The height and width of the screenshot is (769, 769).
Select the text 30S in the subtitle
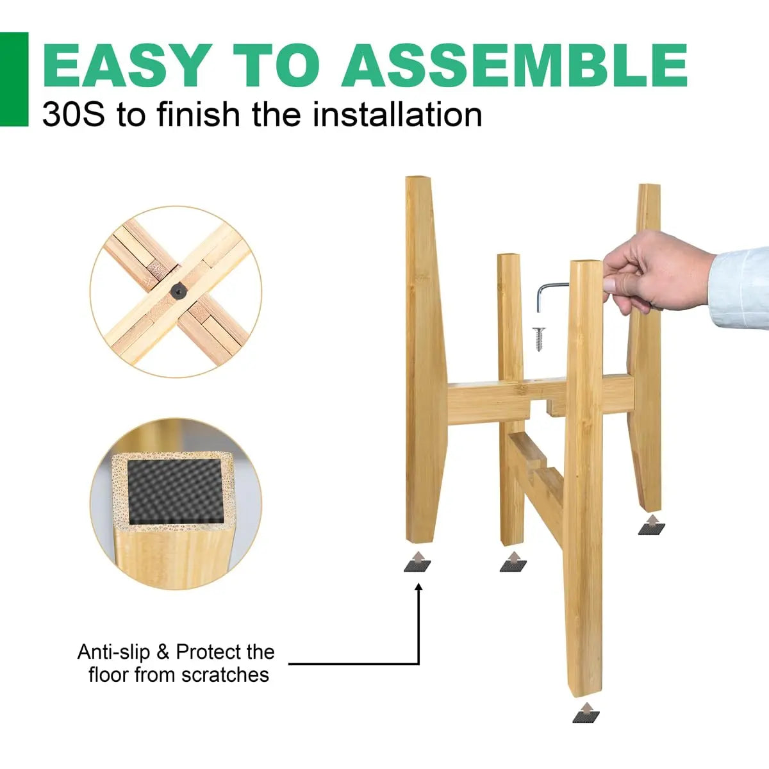pos(74,115)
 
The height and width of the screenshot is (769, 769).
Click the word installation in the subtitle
pos(397,115)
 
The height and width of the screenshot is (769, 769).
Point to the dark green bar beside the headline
pos(14,79)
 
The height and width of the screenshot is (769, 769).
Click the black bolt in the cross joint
pos(176,291)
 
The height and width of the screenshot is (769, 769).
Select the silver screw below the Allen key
pos(539,340)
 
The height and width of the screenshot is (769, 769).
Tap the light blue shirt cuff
pos(740,286)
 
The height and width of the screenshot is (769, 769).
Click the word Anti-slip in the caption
pos(113,652)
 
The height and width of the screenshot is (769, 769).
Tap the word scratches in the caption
pos(226,675)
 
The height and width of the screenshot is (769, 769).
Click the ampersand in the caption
pos(163,652)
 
